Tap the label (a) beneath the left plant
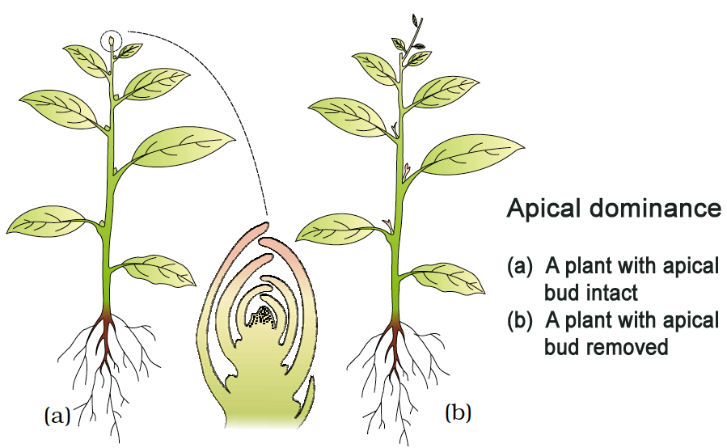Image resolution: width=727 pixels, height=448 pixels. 56,416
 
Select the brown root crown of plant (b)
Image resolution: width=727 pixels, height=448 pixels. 396,321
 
